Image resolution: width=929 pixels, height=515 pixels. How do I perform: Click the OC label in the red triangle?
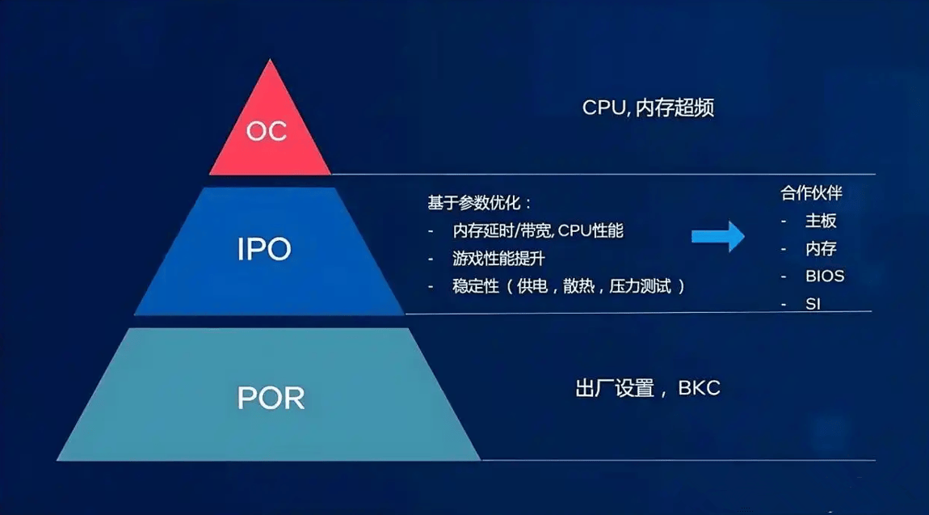click(x=267, y=131)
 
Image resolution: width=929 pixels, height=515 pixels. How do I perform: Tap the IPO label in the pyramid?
click(x=264, y=249)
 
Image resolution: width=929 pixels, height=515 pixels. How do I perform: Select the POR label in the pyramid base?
click(x=271, y=398)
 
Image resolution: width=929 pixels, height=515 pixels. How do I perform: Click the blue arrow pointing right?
click(x=718, y=236)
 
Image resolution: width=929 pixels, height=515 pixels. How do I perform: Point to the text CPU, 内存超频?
click(x=648, y=108)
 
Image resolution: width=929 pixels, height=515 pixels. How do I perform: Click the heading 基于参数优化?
click(x=474, y=203)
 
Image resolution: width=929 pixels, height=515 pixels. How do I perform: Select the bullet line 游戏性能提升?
click(x=498, y=259)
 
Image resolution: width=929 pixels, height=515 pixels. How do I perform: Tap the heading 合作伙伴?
click(x=811, y=192)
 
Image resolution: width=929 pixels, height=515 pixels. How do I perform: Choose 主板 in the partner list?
click(x=821, y=221)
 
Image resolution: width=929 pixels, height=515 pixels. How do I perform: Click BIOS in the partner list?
click(x=825, y=276)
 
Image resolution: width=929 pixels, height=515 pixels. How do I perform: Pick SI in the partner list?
click(x=813, y=304)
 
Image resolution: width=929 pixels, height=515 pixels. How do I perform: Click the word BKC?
click(x=699, y=388)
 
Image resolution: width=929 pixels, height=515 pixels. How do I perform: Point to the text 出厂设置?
click(x=615, y=389)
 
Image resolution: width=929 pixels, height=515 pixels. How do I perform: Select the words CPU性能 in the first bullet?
click(x=591, y=230)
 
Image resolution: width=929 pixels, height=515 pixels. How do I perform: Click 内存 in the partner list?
click(x=821, y=248)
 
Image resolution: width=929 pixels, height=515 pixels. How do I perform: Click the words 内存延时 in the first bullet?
click(x=483, y=230)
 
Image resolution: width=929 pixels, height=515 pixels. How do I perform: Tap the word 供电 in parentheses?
click(x=532, y=286)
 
